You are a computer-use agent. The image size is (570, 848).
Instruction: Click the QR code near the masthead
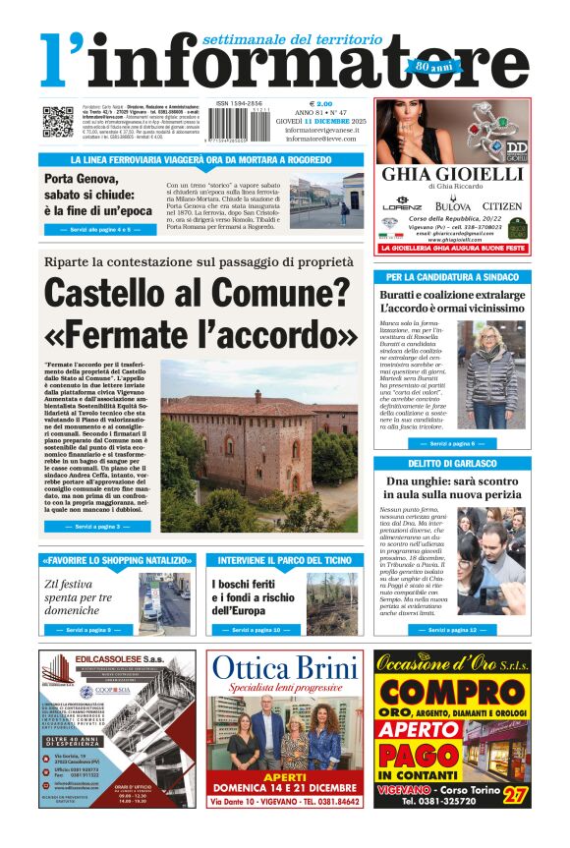tap(56, 121)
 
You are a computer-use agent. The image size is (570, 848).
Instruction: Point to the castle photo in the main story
tap(260, 447)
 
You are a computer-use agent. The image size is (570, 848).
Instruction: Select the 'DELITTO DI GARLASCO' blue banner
tap(451, 463)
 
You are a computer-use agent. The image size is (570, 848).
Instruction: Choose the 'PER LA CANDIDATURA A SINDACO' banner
tap(451, 277)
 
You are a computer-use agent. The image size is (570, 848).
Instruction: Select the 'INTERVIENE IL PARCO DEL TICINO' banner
tap(283, 560)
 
